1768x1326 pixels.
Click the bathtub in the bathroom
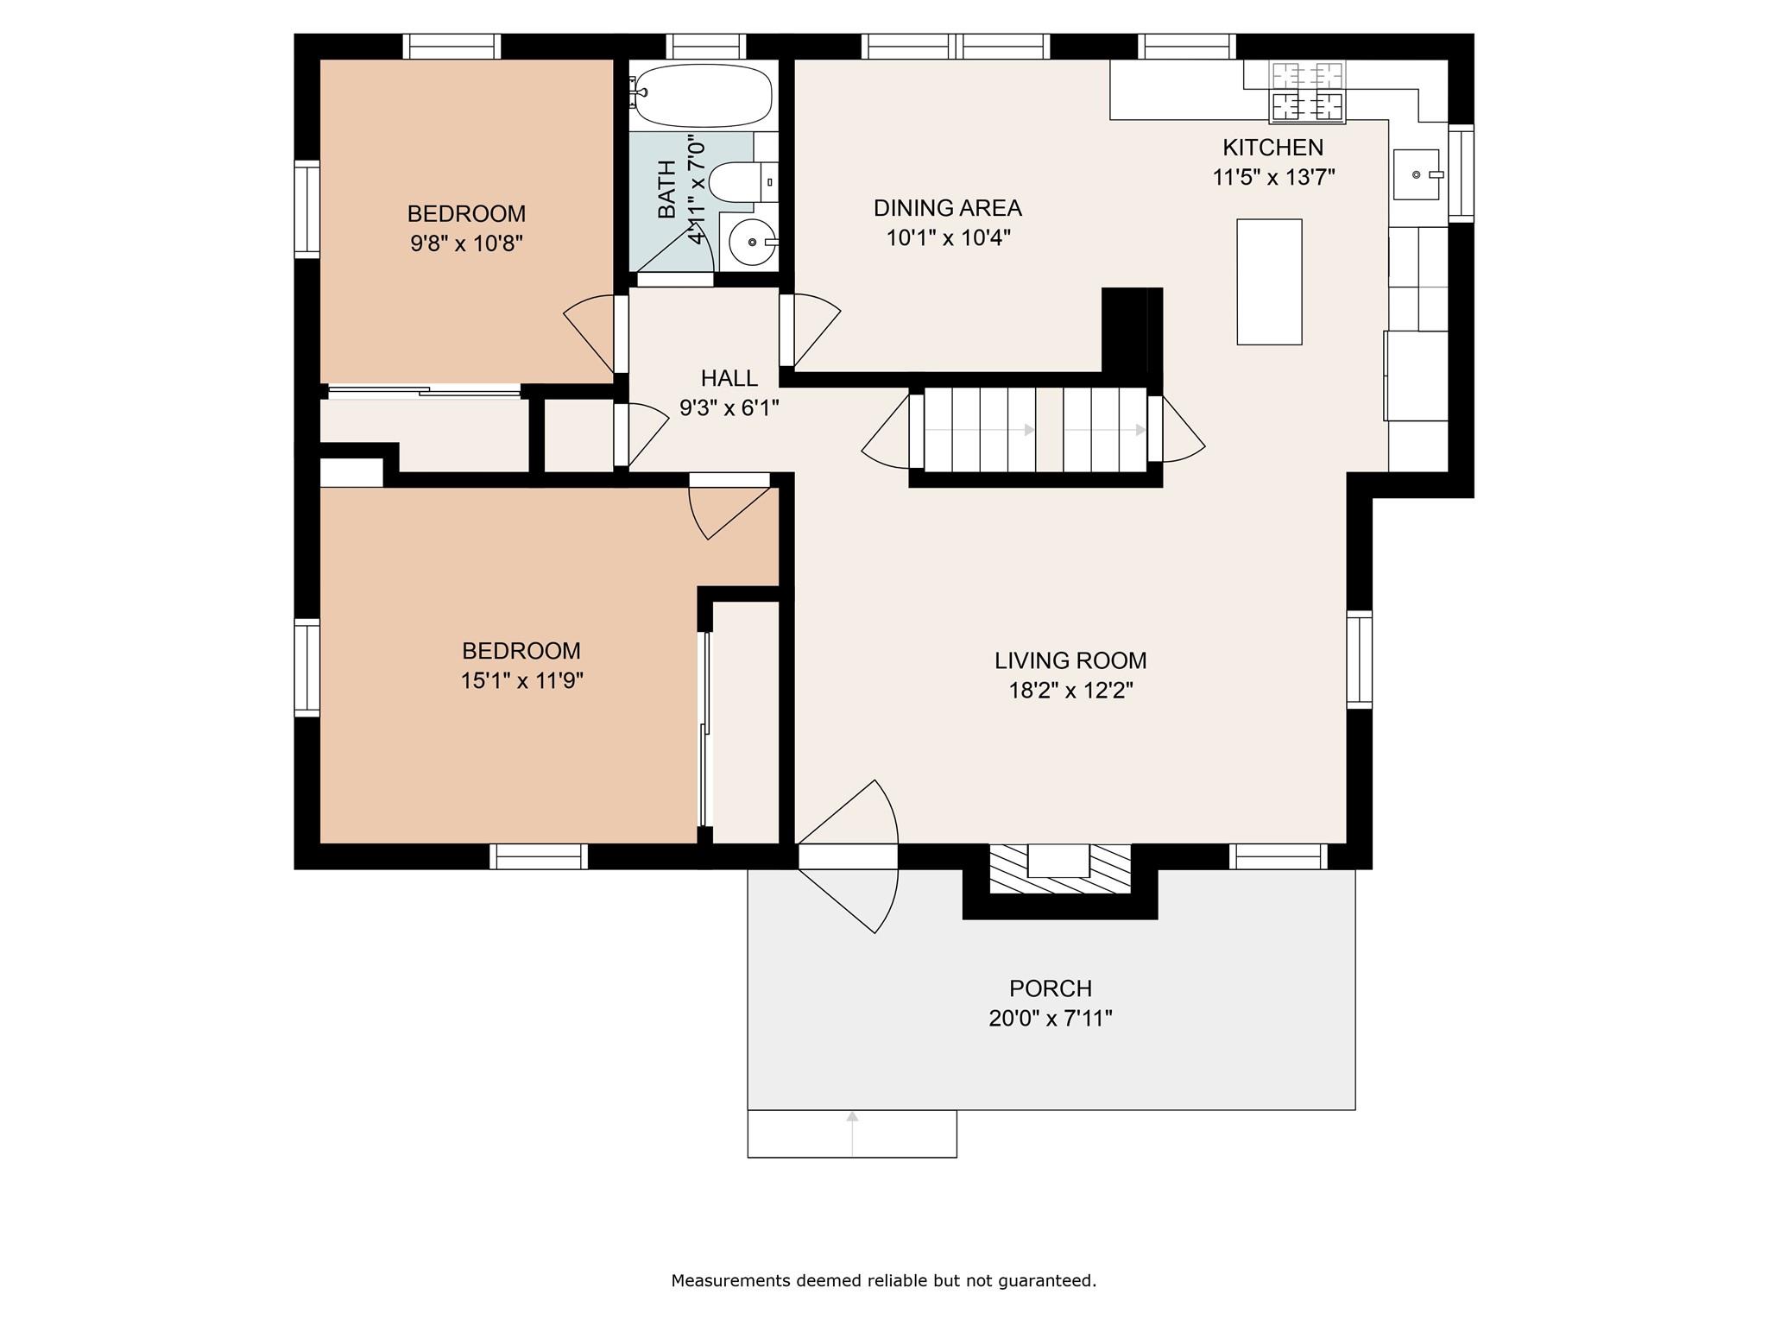(702, 95)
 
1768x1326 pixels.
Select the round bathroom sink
(750, 243)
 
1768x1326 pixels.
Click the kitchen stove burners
(1307, 91)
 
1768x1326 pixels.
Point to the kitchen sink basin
(1417, 174)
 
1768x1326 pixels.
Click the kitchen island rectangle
(1269, 281)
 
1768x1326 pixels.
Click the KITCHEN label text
(1272, 148)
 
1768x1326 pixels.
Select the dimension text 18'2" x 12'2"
(1070, 691)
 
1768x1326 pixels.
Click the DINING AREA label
(947, 208)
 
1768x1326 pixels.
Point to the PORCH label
(1051, 988)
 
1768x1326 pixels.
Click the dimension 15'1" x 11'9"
(521, 681)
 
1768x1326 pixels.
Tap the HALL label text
(729, 378)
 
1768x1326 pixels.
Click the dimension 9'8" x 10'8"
(466, 243)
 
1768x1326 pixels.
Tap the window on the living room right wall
(1360, 660)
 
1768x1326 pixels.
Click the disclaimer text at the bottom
(883, 1281)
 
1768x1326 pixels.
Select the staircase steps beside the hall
(1034, 429)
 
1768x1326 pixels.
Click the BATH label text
(667, 189)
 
